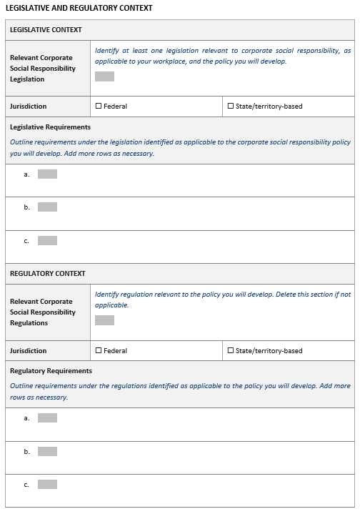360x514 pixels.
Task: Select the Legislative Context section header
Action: point(46,30)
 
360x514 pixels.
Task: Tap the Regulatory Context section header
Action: point(47,274)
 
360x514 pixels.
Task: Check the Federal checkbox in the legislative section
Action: point(99,107)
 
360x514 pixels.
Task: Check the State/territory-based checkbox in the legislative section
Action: point(231,107)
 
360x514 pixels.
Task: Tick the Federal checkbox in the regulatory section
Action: point(99,351)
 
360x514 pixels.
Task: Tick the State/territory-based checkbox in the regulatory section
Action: point(231,351)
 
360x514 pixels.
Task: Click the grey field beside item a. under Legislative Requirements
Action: point(47,174)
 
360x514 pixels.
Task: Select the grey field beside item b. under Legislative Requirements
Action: point(47,207)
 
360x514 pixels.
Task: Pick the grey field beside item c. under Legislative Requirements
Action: point(47,241)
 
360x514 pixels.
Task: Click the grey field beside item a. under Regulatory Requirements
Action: point(47,418)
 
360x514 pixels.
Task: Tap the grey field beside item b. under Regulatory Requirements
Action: point(47,452)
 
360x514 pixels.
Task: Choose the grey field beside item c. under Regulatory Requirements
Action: point(47,485)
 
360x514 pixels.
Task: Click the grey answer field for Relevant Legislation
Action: point(104,76)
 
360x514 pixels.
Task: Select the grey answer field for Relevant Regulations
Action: point(104,320)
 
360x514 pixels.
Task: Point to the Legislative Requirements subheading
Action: point(50,127)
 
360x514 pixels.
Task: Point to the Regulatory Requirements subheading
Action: point(51,371)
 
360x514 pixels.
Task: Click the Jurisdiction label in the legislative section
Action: point(28,107)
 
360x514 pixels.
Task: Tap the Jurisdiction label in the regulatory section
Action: point(28,351)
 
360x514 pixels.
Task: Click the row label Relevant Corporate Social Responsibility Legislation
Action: point(43,68)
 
